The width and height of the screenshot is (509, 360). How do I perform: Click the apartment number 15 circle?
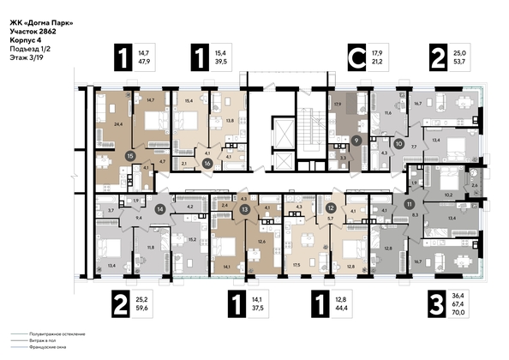coord(129,157)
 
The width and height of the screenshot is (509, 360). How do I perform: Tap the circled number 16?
coord(207,162)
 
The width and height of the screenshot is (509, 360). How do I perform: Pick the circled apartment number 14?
coord(159,208)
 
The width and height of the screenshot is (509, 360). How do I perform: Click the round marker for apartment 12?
coord(330,208)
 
